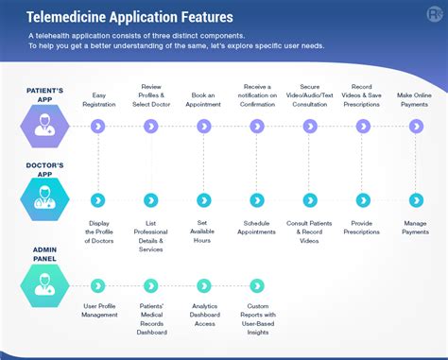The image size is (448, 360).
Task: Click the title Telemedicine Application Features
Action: click(130, 17)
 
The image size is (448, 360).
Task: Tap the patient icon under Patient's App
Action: click(43, 125)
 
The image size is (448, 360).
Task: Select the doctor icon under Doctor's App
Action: click(43, 198)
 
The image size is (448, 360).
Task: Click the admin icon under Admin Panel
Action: click(43, 283)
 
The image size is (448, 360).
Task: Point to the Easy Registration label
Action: click(98, 99)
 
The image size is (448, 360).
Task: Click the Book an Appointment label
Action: click(204, 99)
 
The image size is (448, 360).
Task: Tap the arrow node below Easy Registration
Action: click(98, 126)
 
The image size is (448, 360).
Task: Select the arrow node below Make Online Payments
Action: click(416, 126)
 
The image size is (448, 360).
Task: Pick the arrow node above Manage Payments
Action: click(416, 199)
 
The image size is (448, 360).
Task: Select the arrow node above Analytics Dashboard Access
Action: click(204, 284)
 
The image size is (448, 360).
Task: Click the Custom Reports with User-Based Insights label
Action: click(257, 319)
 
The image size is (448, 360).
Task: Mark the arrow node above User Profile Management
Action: click(98, 284)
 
